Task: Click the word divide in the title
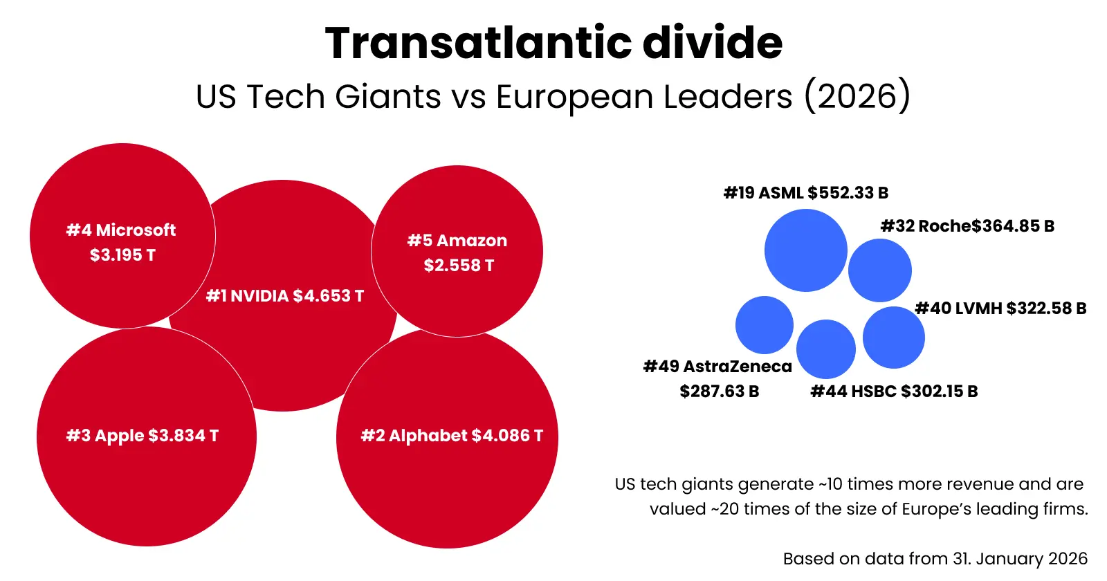point(713,43)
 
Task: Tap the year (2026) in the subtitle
point(857,96)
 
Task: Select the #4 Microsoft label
point(121,230)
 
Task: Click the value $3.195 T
point(122,255)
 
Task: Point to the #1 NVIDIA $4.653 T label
point(285,296)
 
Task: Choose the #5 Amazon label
point(457,241)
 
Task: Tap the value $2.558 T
point(459,266)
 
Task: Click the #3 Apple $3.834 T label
point(143,436)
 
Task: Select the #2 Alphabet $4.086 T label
point(452,436)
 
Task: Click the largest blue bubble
point(805,250)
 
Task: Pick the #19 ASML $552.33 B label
point(805,193)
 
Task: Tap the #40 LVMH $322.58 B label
point(1000,308)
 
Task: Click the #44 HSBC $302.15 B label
point(894,391)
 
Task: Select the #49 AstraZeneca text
point(717,367)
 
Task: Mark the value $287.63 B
point(720,391)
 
